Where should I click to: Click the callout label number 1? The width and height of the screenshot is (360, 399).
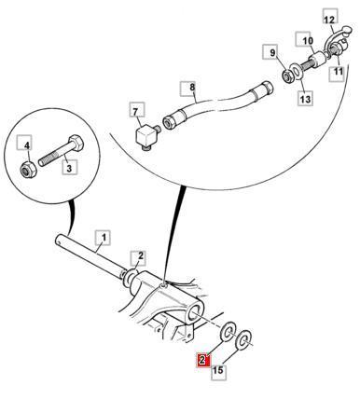103,238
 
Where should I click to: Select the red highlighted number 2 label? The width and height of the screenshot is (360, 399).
203,361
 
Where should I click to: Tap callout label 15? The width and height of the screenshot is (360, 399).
218,370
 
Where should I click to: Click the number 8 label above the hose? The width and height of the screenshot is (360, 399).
191,88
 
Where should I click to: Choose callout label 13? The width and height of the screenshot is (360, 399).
306,99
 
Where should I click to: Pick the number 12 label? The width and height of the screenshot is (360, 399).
329,20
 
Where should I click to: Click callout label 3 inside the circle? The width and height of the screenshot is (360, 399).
69,168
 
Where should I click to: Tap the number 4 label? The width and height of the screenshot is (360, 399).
27,144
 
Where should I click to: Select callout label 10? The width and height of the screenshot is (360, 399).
308,39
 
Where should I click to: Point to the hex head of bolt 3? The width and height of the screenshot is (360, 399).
76,142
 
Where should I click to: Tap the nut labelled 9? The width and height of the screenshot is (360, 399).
288,76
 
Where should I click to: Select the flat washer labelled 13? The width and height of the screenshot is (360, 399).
298,72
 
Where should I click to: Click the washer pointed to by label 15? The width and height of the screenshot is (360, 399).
244,339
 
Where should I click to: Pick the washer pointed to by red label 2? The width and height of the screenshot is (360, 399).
228,331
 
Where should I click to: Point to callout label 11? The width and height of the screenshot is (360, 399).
339,73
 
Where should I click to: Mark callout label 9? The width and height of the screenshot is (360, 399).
272,52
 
